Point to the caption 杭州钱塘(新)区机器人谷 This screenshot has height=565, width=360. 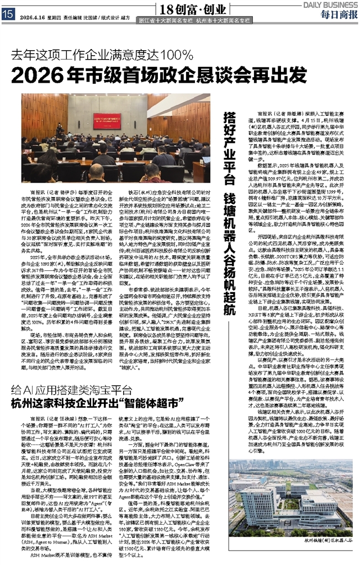[326, 557]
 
